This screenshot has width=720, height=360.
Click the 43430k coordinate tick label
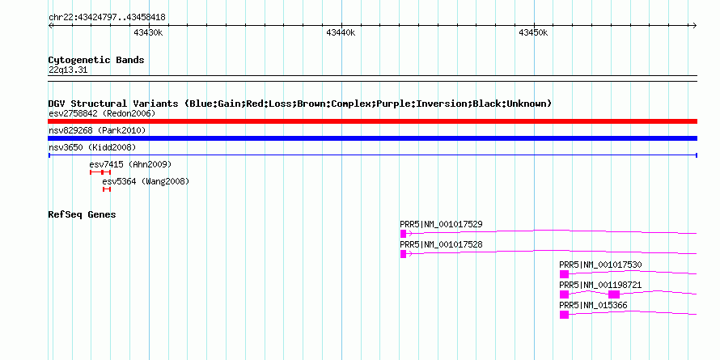coord(148,32)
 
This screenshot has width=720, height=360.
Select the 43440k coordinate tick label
coord(341,32)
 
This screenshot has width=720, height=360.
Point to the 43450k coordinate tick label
coord(533,32)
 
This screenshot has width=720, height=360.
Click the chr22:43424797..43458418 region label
coord(107,18)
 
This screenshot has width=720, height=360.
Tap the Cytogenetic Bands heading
coord(96,60)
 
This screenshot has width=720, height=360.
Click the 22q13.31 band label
coord(68,70)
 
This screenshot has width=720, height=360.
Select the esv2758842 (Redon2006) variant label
coord(102,113)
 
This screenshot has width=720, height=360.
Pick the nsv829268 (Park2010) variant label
coord(97,131)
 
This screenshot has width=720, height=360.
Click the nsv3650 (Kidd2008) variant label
coord(92,147)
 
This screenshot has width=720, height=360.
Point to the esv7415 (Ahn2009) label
coord(130,164)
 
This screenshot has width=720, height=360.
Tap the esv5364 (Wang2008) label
coord(146,181)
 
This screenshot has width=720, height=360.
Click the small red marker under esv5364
coord(107,189)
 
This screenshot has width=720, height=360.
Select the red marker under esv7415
coord(100,172)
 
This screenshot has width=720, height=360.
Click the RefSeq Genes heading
coord(82,214)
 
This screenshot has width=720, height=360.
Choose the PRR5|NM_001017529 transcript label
coord(441,225)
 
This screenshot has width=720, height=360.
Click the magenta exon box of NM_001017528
coord(403,254)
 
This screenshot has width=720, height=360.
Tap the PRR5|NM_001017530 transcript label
coord(600,265)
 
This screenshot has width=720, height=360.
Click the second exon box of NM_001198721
coord(614,294)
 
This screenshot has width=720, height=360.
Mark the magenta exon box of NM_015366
coord(565,315)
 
